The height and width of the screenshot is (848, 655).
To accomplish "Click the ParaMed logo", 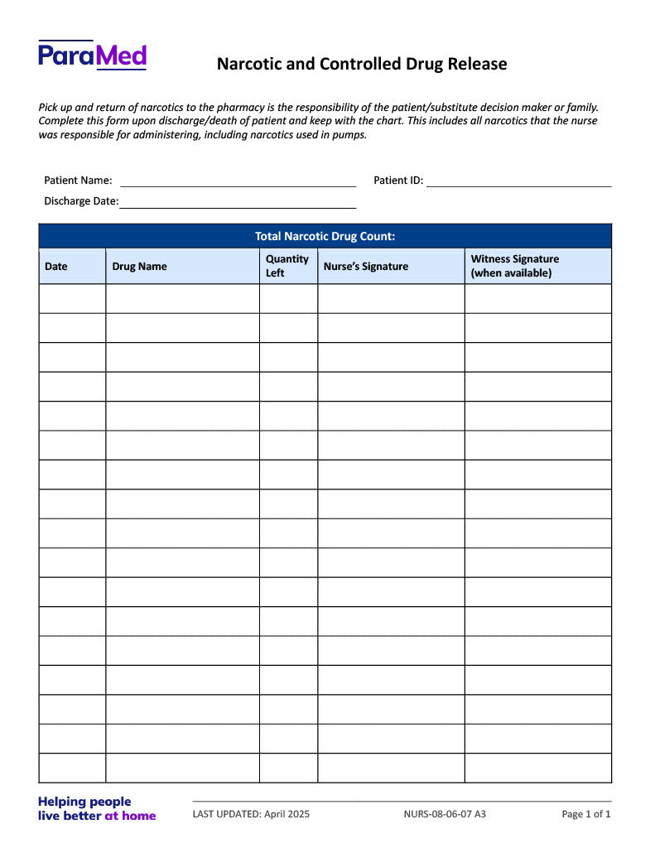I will pos(92,55).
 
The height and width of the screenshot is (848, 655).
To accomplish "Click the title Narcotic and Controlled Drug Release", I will pos(362,64).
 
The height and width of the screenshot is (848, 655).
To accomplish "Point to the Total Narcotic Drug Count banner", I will pos(325,236).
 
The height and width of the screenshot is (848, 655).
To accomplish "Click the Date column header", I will pos(56,267).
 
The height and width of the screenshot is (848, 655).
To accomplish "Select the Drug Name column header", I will pos(139,267).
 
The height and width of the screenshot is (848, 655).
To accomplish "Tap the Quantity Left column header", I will pos(287,266).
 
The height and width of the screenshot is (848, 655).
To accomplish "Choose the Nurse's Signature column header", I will pos(365,267).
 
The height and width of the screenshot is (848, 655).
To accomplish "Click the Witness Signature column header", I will pos(514,266).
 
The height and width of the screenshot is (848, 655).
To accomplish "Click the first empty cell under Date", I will pos(72,299).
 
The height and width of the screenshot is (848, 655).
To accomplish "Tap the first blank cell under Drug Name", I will pos(182,299).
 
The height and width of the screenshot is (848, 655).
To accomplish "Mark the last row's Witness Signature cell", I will pos(537,768).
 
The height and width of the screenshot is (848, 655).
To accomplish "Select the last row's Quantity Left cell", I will pos(288,768).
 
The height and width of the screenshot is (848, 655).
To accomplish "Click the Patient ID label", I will pos(398,181).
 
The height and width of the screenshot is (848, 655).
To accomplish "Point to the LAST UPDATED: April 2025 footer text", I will pos(251,814).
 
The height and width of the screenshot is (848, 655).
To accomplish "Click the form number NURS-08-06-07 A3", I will pos(445,814).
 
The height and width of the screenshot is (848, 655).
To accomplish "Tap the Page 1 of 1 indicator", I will pos(586,814).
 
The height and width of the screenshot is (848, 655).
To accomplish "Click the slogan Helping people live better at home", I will pos(97,808).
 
